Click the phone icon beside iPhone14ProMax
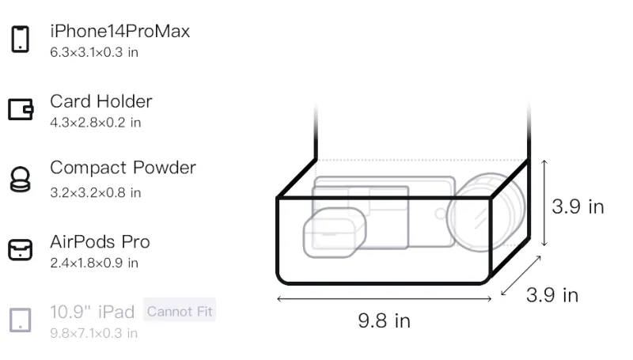(x=21, y=39)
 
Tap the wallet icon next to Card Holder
(x=21, y=109)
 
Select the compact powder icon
(x=21, y=179)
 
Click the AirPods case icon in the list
(x=21, y=249)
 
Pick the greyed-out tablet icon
(x=21, y=320)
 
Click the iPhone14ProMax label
(x=120, y=31)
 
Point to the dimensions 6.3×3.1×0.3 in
(x=94, y=52)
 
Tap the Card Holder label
(x=101, y=101)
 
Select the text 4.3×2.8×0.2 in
(x=96, y=123)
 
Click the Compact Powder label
(x=123, y=168)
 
